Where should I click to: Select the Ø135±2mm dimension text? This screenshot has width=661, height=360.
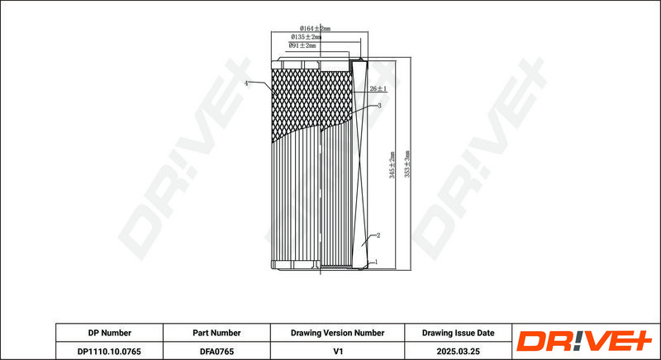(x=306, y=36)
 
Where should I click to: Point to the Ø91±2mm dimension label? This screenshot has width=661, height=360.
(x=302, y=45)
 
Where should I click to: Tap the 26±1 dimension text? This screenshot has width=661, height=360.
(x=378, y=88)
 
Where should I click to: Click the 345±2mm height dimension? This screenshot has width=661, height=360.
(x=392, y=165)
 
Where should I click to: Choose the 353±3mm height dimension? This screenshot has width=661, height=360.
(x=407, y=163)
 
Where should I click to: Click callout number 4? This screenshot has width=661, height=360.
(x=246, y=83)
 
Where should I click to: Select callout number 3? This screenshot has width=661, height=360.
(x=379, y=106)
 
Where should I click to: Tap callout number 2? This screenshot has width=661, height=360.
(x=378, y=235)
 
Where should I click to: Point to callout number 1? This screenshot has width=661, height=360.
(x=376, y=262)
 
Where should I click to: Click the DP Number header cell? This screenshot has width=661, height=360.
(x=110, y=333)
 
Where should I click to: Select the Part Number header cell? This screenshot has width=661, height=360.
(x=216, y=333)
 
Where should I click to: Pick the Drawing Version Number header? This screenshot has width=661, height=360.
(x=337, y=333)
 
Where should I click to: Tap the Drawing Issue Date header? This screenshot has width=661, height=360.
(x=459, y=333)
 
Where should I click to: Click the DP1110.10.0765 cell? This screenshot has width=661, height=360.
(x=110, y=351)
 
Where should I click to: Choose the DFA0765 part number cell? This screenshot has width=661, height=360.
(x=216, y=351)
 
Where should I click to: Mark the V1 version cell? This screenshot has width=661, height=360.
(x=337, y=351)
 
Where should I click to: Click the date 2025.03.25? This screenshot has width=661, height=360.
(x=459, y=351)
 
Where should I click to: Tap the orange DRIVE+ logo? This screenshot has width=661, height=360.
(x=584, y=341)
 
